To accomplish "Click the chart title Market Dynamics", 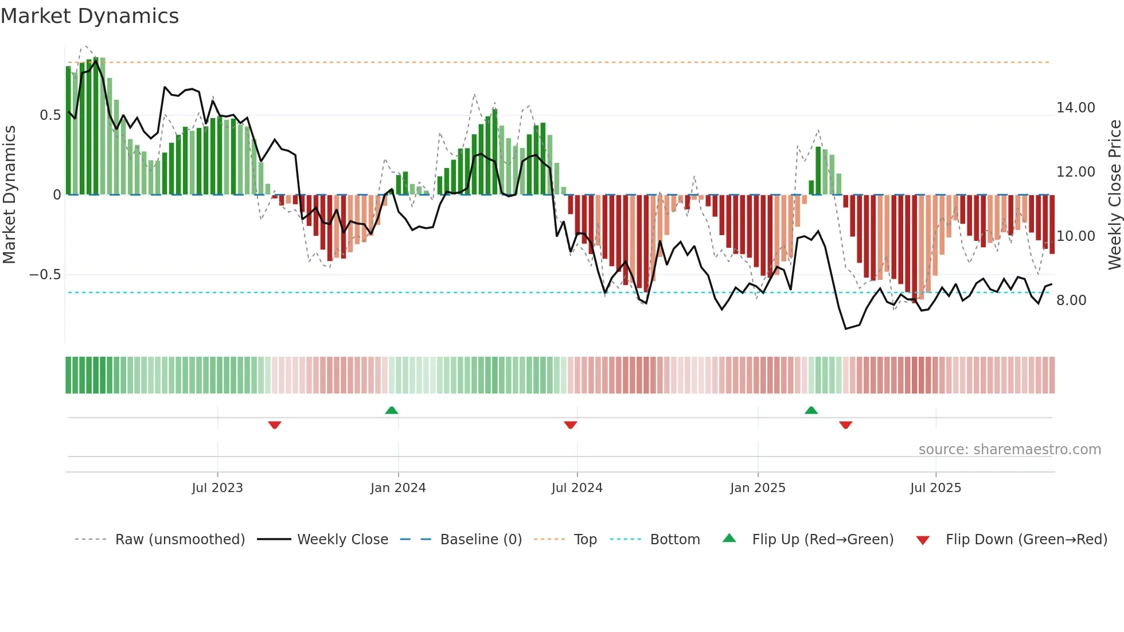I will [89, 16].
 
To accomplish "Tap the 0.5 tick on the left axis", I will [50, 115].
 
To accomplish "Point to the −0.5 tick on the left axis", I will [45, 275].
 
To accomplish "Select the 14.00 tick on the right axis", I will [1075, 108].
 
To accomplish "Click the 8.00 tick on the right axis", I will [1071, 301].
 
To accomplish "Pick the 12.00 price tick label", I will [1075, 172].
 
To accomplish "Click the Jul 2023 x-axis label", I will [217, 488].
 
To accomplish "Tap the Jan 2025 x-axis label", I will [758, 488].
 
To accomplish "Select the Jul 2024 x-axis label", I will [577, 488].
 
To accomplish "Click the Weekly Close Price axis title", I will [1114, 195].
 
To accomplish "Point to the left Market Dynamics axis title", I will [9, 195].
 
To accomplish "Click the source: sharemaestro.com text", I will [1009, 450].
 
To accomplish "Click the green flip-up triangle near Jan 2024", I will [392, 410].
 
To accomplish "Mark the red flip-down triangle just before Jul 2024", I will [570, 425].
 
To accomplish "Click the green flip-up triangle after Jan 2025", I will [811, 410].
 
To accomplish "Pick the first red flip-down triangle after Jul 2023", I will [275, 425].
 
